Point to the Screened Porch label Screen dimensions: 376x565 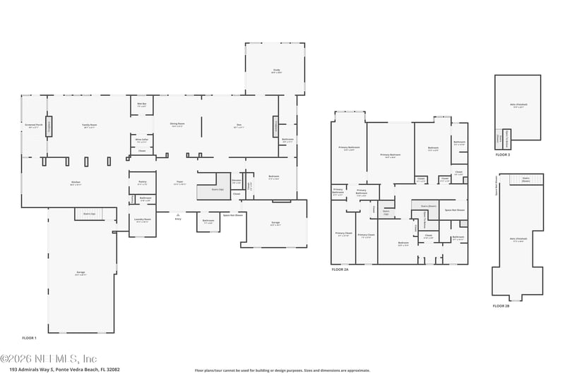point(35,126)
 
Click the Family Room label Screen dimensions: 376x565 point(89,125)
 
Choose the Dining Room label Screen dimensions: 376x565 point(177,125)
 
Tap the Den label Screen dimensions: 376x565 point(239,126)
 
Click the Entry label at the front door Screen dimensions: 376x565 point(178,219)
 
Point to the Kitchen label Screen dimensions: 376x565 point(75,183)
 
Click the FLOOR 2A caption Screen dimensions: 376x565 point(340,269)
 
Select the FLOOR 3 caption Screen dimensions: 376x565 point(502,154)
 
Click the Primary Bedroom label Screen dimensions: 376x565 point(389,155)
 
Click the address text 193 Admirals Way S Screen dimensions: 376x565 point(64,369)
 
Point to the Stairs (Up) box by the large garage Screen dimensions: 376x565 point(90,213)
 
